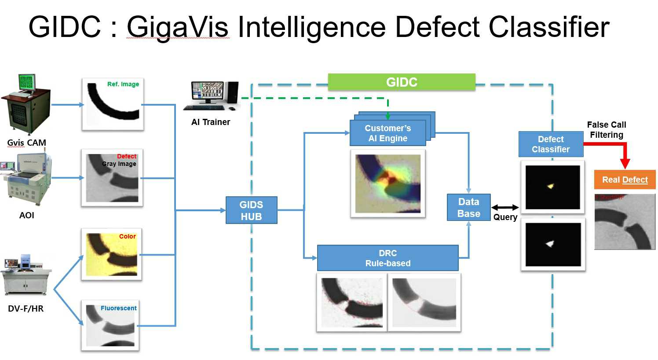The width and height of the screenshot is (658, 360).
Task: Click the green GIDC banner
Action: [x=401, y=82]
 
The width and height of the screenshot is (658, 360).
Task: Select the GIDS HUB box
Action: [x=251, y=210]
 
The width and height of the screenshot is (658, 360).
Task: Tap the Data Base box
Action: [x=468, y=207]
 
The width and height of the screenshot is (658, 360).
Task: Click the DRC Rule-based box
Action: [x=387, y=258]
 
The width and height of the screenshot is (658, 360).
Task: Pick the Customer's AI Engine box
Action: [x=387, y=133]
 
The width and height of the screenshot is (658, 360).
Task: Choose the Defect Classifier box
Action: [x=551, y=144]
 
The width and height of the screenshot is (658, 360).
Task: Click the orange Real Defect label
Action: [x=625, y=180]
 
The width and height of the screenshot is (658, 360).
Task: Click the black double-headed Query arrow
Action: [x=505, y=207]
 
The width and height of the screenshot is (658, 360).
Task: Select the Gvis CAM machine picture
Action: [x=26, y=104]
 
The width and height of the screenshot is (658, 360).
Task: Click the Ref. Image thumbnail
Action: [x=113, y=104]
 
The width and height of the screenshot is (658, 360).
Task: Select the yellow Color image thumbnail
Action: [x=112, y=254]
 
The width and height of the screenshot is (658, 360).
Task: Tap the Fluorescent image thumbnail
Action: [x=110, y=325]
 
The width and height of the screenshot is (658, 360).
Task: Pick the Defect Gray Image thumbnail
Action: [x=112, y=178]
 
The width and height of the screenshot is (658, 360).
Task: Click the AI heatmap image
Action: [x=387, y=184]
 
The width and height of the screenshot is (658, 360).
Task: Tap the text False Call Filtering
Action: [x=607, y=130]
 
